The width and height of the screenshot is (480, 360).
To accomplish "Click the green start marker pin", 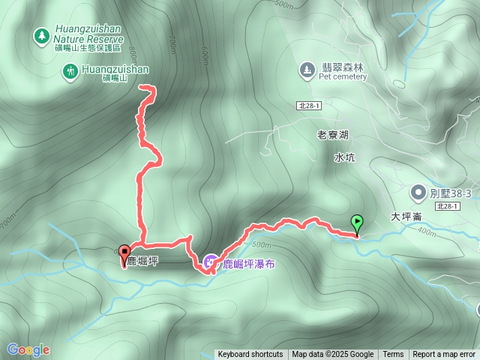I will pos(357,223).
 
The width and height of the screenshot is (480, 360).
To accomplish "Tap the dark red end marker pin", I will pos(124,253).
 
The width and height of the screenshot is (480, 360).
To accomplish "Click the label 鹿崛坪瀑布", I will pos(247,263).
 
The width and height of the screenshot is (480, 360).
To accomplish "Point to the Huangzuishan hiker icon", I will pos(69,71).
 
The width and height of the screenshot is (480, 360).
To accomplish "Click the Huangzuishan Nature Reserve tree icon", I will pos(39,34).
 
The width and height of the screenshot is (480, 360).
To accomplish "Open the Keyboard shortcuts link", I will pos(250,355).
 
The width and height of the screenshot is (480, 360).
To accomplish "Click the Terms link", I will pos(393,355).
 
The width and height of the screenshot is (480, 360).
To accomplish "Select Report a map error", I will pos(444,355).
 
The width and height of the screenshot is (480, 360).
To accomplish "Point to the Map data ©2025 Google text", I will pos(333,355).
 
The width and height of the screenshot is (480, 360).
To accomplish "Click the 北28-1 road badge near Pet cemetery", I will pos(308,107).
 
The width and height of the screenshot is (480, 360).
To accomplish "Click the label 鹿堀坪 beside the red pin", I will pos(142,261).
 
